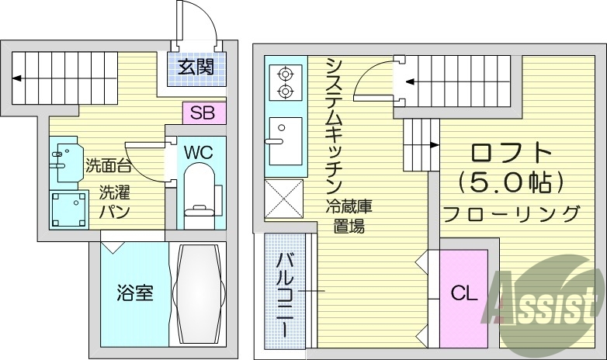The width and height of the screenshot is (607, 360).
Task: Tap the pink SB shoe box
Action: [203, 112]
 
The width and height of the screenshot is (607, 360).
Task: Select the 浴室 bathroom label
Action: [134, 293]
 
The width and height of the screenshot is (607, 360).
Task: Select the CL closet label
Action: [463, 293]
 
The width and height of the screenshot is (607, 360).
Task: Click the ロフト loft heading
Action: [508, 152]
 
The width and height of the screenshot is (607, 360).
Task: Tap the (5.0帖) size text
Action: [508, 183]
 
